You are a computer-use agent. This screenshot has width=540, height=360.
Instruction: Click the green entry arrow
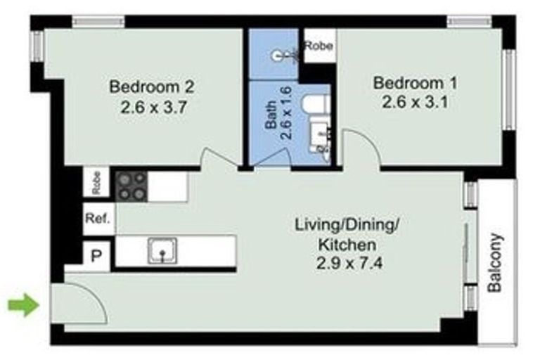coord(22,305)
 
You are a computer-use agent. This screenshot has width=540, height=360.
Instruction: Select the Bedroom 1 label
coord(415,83)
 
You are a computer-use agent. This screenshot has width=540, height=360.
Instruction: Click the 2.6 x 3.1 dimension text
coord(415,103)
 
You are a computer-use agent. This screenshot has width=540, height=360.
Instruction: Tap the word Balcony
coord(496,262)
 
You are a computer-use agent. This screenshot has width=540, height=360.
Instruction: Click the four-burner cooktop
coord(132,185)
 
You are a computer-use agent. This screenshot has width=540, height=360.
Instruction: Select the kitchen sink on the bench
coord(162,250)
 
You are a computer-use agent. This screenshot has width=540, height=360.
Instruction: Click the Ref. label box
coord(98,219)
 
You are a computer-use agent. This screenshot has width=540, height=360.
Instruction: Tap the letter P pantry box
coord(97,256)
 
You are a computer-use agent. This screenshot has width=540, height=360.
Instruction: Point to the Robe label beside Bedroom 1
coord(319,46)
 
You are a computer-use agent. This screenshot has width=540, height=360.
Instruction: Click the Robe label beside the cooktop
coord(97,183)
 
